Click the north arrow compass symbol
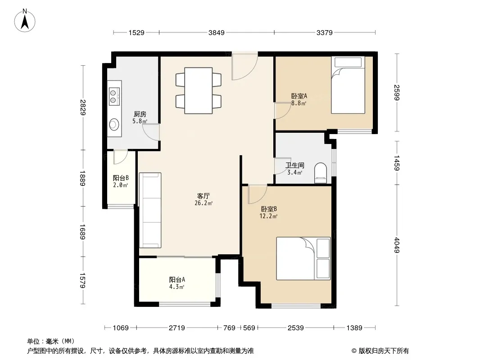pyautogui.click(x=25, y=21)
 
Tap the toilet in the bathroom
pyautogui.click(x=321, y=173)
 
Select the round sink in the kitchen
pyautogui.click(x=114, y=124)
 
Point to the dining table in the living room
pyautogui.click(x=199, y=90)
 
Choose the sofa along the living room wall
pyautogui.click(x=150, y=210)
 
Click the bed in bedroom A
pyautogui.click(x=348, y=85)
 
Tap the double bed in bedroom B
pyautogui.click(x=303, y=258)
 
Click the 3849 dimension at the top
pyautogui.click(x=217, y=32)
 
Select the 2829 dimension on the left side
pyautogui.click(x=82, y=108)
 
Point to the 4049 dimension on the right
pyautogui.click(x=397, y=245)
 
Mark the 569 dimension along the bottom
pyautogui.click(x=249, y=328)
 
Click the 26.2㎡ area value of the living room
pyautogui.click(x=204, y=203)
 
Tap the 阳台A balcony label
pyautogui.click(x=177, y=279)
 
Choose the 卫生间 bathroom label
pyautogui.click(x=295, y=166)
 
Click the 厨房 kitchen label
pyautogui.click(x=140, y=114)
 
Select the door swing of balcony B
pyautogui.click(x=120, y=157)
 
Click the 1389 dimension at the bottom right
pyautogui.click(x=354, y=328)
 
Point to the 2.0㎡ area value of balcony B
pyautogui.click(x=121, y=185)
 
